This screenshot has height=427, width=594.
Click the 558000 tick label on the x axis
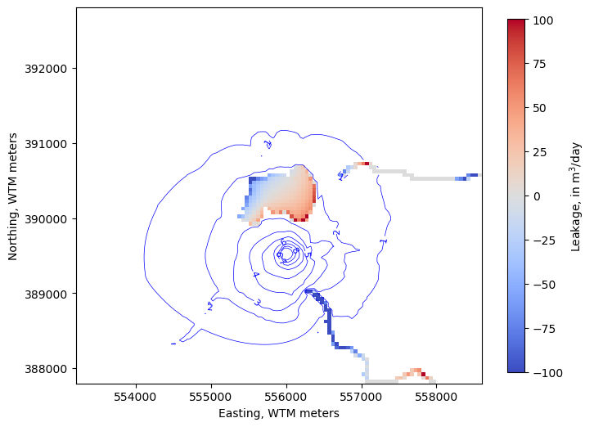436,397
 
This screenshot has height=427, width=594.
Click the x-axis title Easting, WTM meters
279,414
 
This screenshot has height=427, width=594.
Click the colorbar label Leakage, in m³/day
576,196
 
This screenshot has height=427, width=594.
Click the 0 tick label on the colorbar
536,196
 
